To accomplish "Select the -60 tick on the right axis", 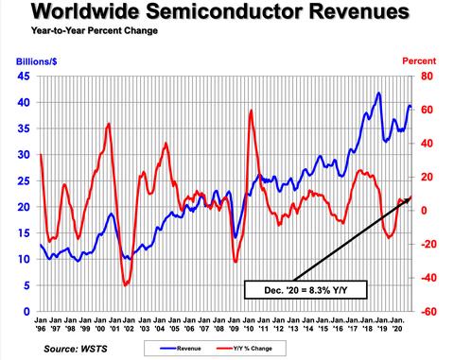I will (x=427, y=311).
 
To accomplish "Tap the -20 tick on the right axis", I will (x=427, y=244).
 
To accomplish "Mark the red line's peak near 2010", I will (x=251, y=111).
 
